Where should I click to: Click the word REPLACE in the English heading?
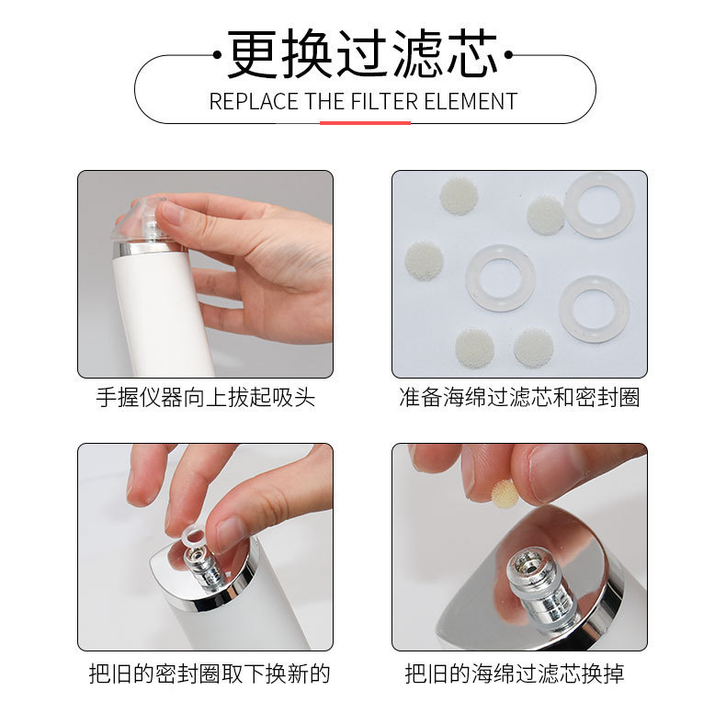[x=254, y=101]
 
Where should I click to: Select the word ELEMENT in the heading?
[x=471, y=101]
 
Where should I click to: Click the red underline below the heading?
[x=366, y=123]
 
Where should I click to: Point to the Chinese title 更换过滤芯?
[x=362, y=53]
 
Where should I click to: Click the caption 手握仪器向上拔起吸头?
[x=206, y=397]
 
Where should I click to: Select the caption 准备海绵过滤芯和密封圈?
[x=519, y=397]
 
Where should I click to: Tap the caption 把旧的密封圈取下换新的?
[x=210, y=673]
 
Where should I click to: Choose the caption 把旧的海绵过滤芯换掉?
[x=515, y=673]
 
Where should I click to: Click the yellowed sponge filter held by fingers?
[x=505, y=493]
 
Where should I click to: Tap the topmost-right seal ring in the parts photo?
[x=599, y=205]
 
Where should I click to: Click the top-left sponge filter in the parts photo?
[x=459, y=195]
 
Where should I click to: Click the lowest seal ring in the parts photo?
[x=594, y=310]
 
